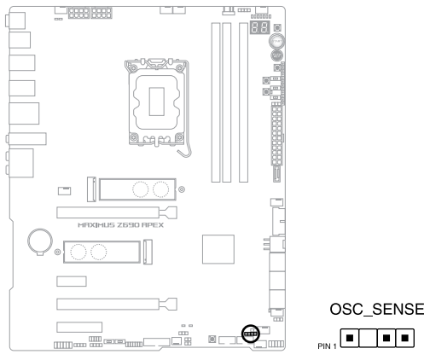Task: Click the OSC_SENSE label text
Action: tap(377, 309)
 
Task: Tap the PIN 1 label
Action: tap(327, 346)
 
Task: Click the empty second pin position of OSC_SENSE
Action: tap(368, 338)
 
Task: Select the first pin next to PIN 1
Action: tap(350, 338)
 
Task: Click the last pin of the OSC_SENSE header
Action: tap(405, 338)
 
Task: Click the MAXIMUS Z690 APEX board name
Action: tap(121, 225)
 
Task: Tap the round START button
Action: tap(276, 42)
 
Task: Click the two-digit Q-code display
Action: tap(259, 27)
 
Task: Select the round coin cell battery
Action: tap(40, 241)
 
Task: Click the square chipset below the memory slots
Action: tap(218, 249)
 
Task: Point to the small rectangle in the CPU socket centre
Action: tap(157, 102)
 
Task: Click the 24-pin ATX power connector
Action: tap(276, 134)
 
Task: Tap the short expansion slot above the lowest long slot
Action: tap(72, 282)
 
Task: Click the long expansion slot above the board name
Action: tap(117, 212)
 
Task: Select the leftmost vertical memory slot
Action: tap(216, 102)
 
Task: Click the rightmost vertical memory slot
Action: tap(243, 102)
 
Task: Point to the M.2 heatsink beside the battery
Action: tap(102, 252)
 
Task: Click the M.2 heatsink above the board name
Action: tap(137, 189)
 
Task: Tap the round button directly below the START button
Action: tap(276, 55)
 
